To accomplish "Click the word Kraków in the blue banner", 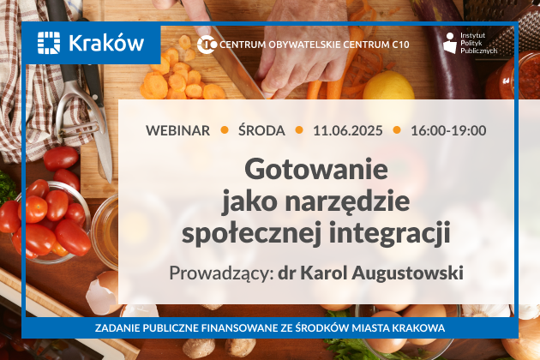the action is coord(106,44).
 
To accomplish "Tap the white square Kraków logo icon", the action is coord(49,43).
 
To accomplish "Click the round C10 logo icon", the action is coord(207,45).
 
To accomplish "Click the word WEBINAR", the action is coord(177,130).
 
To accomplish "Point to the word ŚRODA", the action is coord(261,130).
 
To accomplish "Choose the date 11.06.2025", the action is coord(347,130).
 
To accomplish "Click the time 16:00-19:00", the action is coord(448,130).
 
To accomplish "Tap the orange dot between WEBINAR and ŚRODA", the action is coord(225,130).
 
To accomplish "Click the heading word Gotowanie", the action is coord(316,169).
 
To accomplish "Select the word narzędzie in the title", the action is coord(347,202).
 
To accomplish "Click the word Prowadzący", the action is coord(221,273).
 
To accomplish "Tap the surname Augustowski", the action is coord(407,273).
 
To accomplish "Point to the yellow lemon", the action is coord(389,86).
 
